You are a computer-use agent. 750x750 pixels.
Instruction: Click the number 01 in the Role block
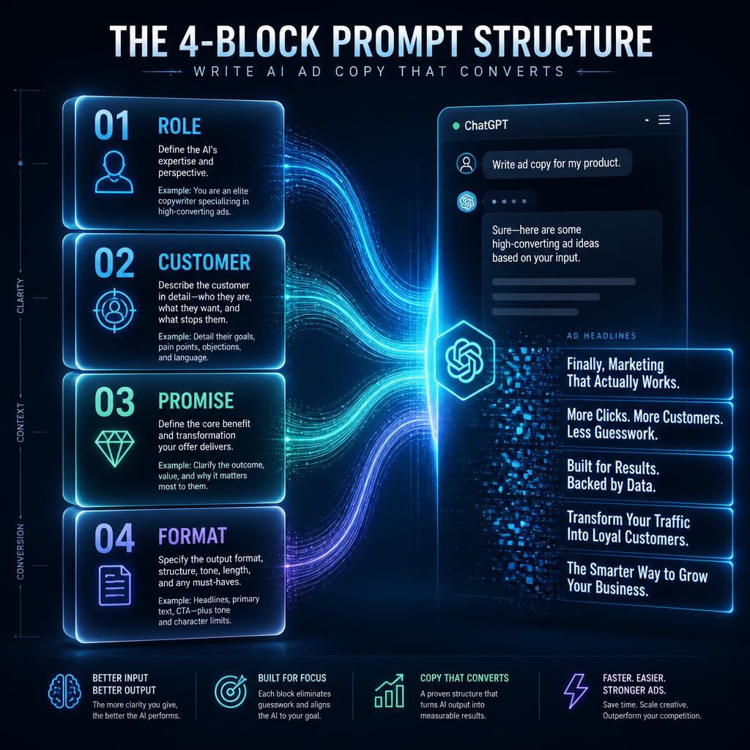point(112,125)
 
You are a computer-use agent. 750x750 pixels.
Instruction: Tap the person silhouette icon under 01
point(114,172)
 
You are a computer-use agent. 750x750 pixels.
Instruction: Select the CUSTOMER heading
point(204,262)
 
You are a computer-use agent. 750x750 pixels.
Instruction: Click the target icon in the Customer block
point(114,311)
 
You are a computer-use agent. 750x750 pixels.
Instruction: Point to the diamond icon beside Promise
point(115,449)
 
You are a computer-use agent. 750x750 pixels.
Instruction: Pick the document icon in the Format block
point(115,585)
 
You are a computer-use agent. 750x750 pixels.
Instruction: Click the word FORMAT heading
point(193,535)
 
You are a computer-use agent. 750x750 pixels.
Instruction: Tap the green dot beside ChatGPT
point(456,126)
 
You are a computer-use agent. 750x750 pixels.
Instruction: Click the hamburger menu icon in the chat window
point(664,119)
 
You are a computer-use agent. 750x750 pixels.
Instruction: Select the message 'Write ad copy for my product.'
point(557,164)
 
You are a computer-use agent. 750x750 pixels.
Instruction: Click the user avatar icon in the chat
point(467,163)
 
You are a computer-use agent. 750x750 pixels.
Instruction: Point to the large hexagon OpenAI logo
point(464,360)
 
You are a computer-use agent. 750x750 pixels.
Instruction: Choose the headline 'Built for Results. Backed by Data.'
point(613,476)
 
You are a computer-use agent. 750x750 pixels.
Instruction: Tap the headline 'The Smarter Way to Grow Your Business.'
point(637,579)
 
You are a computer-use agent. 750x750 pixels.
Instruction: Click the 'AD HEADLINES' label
point(601,335)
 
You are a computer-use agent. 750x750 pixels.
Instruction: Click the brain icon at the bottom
point(64,691)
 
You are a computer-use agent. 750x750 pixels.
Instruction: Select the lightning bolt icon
point(576,691)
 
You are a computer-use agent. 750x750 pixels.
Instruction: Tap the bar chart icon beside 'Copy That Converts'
point(389,691)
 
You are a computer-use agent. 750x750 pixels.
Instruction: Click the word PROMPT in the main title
point(397,41)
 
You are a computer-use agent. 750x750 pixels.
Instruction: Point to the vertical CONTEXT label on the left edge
point(20,423)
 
